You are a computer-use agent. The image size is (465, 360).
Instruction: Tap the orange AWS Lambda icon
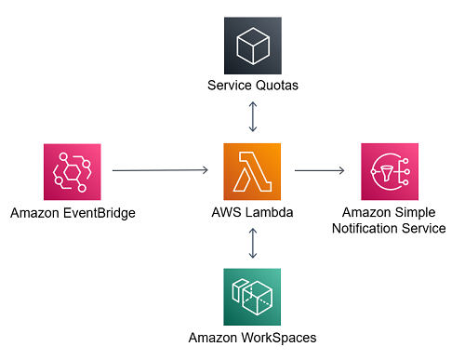[252, 171]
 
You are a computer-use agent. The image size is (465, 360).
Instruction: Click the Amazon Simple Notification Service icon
[389, 171]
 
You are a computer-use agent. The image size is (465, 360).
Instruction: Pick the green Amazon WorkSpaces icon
[252, 297]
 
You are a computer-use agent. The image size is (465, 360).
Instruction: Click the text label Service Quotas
[252, 87]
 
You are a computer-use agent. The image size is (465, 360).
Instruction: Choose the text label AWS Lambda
[252, 212]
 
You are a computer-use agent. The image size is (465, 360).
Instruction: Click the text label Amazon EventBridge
[73, 213]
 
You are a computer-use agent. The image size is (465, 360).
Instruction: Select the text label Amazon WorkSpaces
[252, 338]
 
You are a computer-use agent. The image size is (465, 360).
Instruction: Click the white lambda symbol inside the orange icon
[252, 171]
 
